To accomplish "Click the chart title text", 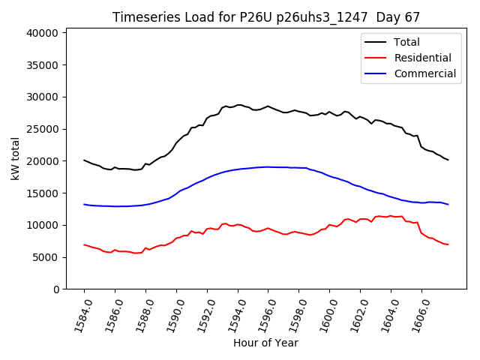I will click(266, 17).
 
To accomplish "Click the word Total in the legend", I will click(407, 42).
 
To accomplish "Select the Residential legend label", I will click(422, 58).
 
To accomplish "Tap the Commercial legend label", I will click(424, 73).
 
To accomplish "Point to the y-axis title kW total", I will click(15, 158).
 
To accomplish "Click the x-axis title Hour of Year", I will click(265, 343).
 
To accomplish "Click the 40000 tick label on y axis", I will click(43, 33).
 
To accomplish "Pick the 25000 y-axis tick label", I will click(43, 129).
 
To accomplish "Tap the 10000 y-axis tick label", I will click(43, 225).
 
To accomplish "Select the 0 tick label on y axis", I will click(56, 289).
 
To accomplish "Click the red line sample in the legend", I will click(377, 58).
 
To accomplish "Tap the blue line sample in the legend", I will click(377, 73).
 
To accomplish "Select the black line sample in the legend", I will click(377, 42).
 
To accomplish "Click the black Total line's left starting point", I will click(84, 160).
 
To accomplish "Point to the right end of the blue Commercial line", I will click(448, 205).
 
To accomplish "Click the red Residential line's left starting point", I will click(84, 244).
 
